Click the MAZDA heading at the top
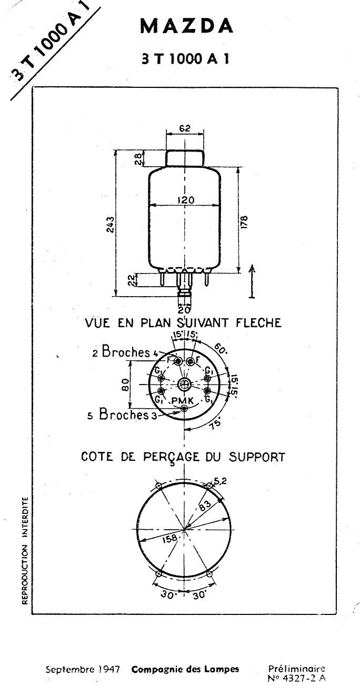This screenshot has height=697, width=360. pos(186,26)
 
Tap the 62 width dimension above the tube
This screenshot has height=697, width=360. pos(185,128)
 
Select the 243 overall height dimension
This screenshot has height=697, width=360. pos(111,224)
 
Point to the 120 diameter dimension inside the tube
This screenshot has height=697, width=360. pos(186,200)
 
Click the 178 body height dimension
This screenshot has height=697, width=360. pos(244,222)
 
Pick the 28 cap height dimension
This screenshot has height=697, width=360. pos(140,158)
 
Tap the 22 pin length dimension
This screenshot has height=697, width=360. pos(132,280)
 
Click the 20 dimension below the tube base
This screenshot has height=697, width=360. pos(184,310)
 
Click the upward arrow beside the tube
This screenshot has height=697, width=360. pos(252,281)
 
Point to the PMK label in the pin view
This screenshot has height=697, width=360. pos(183,401)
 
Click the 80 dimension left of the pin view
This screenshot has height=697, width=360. pos(125,385)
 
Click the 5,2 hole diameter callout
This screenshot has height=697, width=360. pos(220,481)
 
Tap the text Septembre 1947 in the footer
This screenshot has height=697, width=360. pos(83,669)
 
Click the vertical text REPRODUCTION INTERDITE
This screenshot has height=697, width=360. pos(25,550)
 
